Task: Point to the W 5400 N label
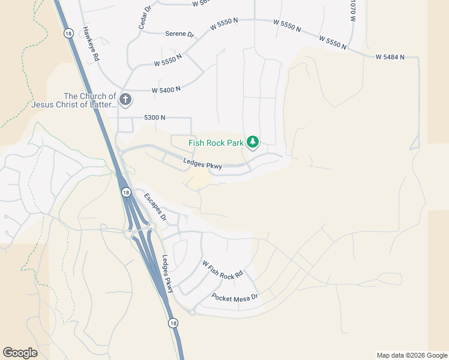[x=166, y=90]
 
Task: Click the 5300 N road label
[x=154, y=118]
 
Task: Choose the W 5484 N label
[x=390, y=57]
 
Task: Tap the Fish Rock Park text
[x=216, y=143]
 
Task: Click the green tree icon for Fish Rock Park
[x=253, y=142]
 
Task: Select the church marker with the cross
[x=125, y=100]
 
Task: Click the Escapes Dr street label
[x=154, y=206]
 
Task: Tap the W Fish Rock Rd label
[x=222, y=269]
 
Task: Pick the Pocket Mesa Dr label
[x=235, y=297]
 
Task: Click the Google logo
[x=20, y=353]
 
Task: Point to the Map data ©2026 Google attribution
[x=412, y=355]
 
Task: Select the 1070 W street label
[x=353, y=11]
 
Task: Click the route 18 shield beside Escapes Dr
[x=125, y=192]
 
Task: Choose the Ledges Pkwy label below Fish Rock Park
[x=203, y=163]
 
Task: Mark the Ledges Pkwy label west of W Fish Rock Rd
[x=168, y=274]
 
